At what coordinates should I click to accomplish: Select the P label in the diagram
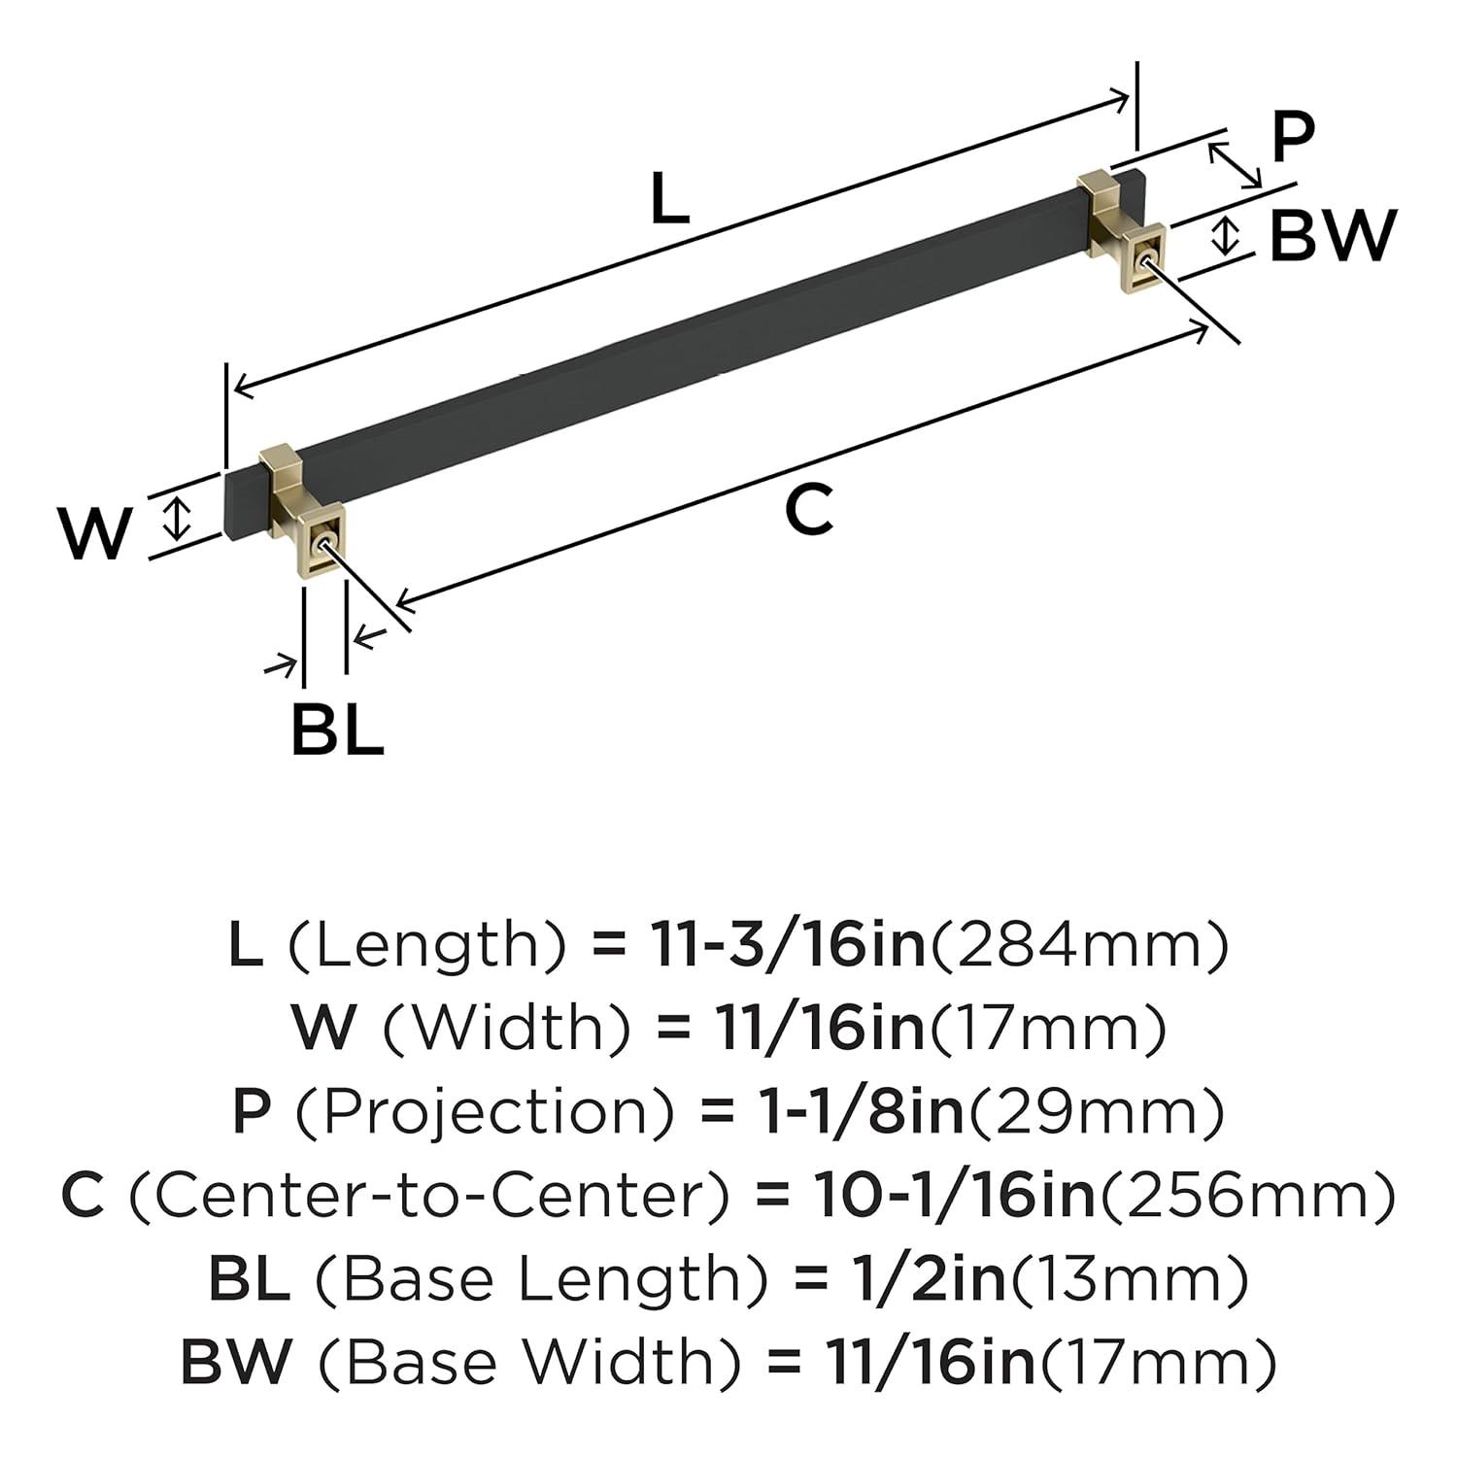coord(1292,137)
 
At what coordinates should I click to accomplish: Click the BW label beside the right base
coord(1333,236)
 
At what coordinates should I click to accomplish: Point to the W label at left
coord(94,533)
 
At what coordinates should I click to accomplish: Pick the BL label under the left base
coord(337,730)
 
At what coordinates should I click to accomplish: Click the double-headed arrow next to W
coord(175,517)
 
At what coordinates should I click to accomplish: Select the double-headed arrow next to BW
coord(1228,236)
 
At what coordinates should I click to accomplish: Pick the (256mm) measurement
coord(1247,1196)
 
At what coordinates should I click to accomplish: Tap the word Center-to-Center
coord(428,1196)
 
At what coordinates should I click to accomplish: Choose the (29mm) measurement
coord(1095,1112)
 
